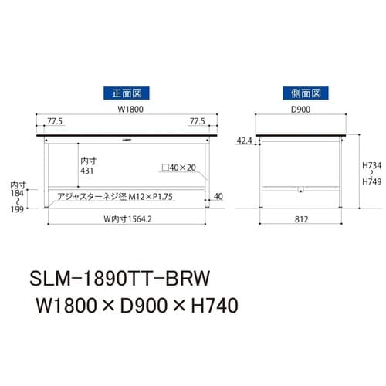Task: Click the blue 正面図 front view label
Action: tap(127, 93)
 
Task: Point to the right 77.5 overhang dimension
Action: tap(198, 121)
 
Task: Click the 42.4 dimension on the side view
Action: tap(243, 141)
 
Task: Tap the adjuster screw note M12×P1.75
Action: tap(116, 196)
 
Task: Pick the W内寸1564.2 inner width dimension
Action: tap(127, 218)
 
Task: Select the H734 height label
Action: tap(373, 166)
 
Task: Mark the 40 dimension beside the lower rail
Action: tap(220, 196)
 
